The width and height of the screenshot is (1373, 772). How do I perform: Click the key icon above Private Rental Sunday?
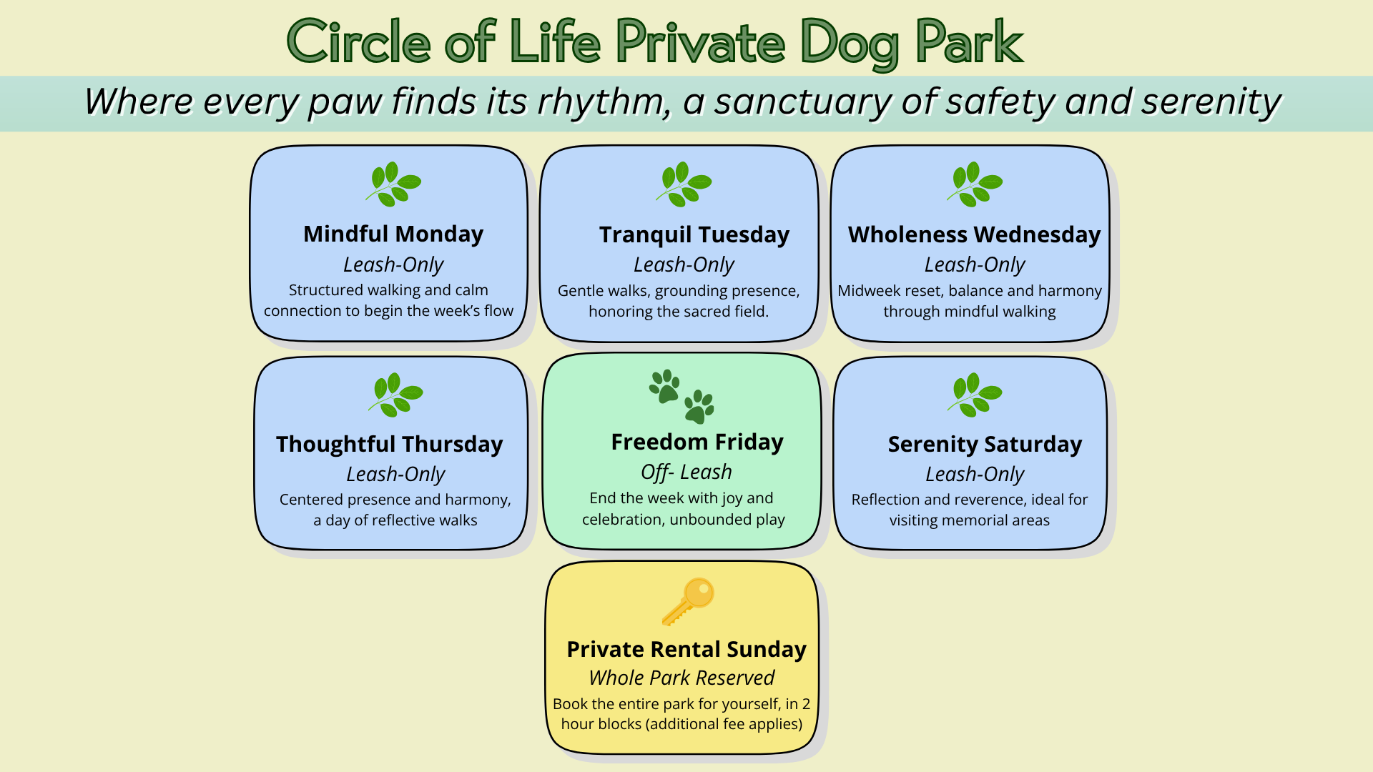(688, 601)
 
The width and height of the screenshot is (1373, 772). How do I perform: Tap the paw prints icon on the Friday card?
(681, 397)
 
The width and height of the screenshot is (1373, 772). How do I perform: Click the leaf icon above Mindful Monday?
(393, 184)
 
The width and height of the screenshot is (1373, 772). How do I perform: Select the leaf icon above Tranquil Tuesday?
(684, 184)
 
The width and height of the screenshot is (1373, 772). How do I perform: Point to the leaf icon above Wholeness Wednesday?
(975, 184)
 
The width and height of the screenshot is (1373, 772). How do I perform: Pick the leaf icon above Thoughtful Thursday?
(395, 395)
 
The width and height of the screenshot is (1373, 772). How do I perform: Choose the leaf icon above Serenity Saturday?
(975, 395)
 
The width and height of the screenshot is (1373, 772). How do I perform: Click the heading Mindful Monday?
(393, 234)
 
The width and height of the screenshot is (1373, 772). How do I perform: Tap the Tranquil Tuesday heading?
(694, 235)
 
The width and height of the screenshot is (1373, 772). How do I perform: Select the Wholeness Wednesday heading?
(975, 235)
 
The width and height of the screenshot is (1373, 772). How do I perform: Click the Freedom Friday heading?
(697, 442)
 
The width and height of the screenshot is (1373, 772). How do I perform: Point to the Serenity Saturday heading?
(985, 445)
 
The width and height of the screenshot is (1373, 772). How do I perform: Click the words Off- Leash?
(686, 472)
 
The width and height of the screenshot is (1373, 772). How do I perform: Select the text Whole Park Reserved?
(681, 678)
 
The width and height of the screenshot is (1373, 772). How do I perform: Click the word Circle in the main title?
(358, 41)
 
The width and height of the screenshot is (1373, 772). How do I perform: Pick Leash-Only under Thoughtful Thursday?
(395, 475)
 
